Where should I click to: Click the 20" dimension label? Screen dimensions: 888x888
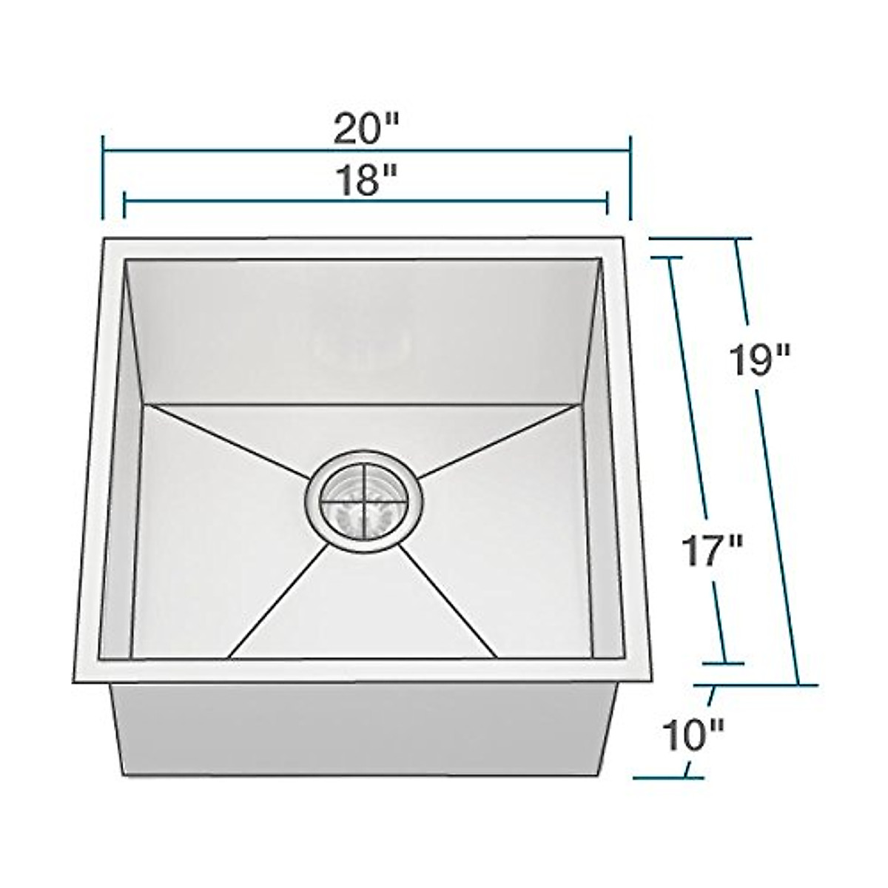pyautogui.click(x=366, y=130)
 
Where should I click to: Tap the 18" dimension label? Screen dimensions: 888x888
pyautogui.click(x=366, y=181)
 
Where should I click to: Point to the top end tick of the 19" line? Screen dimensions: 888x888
pyautogui.click(x=736, y=239)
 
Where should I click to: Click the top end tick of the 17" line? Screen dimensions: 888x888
pyautogui.click(x=670, y=257)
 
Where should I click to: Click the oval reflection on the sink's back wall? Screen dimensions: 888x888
pyautogui.click(x=363, y=345)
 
